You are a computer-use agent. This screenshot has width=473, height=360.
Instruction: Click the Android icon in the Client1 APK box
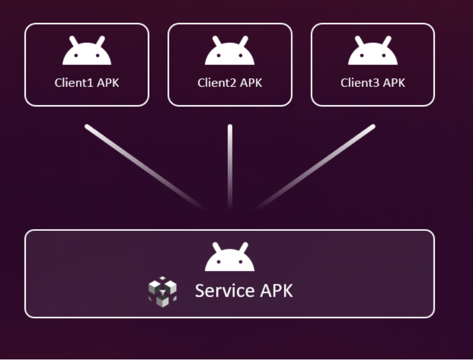pyautogui.click(x=87, y=51)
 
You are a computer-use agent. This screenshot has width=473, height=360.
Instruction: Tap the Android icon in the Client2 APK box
pyautogui.click(x=230, y=51)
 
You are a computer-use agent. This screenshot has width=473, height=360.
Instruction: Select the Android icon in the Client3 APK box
pyautogui.click(x=372, y=51)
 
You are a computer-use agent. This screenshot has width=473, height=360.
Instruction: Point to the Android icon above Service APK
pyautogui.click(x=230, y=258)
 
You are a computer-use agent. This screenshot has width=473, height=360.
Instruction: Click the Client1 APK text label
pyautogui.click(x=87, y=83)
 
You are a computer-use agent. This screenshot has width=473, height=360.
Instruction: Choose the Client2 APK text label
pyautogui.click(x=230, y=83)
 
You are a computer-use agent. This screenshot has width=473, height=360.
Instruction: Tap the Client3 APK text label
pyautogui.click(x=372, y=83)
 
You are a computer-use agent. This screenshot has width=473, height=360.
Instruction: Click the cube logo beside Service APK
pyautogui.click(x=162, y=291)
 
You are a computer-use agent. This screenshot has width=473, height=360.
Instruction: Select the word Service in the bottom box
pyautogui.click(x=224, y=291)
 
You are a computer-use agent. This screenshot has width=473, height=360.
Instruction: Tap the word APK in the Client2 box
pyautogui.click(x=251, y=83)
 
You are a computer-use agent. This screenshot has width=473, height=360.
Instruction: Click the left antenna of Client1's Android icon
pyautogui.click(x=73, y=41)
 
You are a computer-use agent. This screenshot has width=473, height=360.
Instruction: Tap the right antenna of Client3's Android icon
pyautogui.click(x=387, y=41)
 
